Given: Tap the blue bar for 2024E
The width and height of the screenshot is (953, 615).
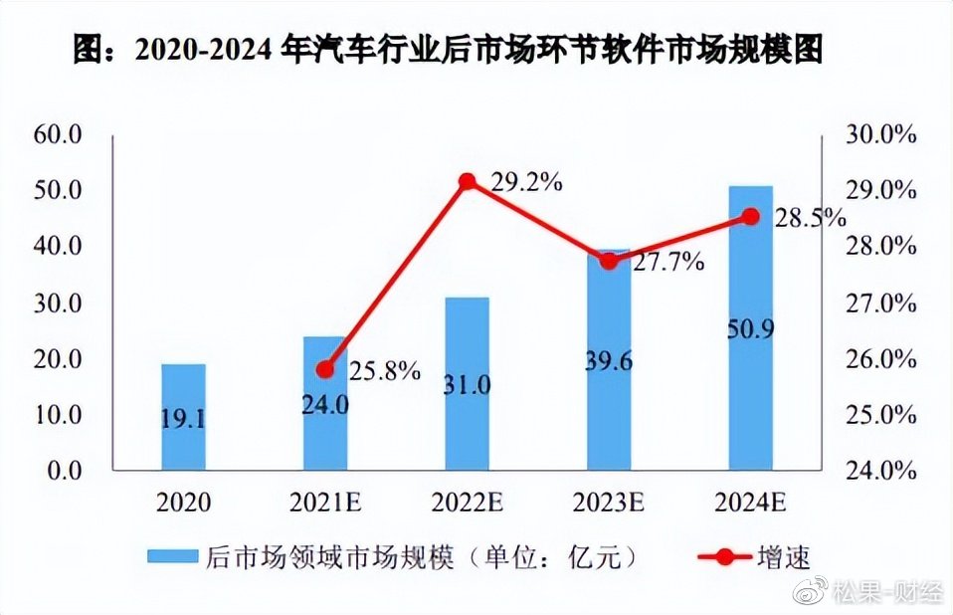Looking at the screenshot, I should point(750,327).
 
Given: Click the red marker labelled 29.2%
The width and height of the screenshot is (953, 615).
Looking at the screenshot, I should point(468,181).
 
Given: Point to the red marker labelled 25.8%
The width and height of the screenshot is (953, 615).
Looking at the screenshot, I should point(325,370).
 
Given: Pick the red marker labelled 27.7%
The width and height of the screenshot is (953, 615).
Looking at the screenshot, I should point(609,262).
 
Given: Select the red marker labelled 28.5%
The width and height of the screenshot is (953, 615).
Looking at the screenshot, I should point(750,217).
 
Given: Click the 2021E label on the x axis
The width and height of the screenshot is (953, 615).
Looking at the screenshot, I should point(325,502).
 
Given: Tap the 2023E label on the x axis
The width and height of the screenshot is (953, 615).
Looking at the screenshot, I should point(609,502).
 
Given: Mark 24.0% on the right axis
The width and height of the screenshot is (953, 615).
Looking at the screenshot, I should point(879,470).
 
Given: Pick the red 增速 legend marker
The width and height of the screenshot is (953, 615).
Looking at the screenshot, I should point(714,557).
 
